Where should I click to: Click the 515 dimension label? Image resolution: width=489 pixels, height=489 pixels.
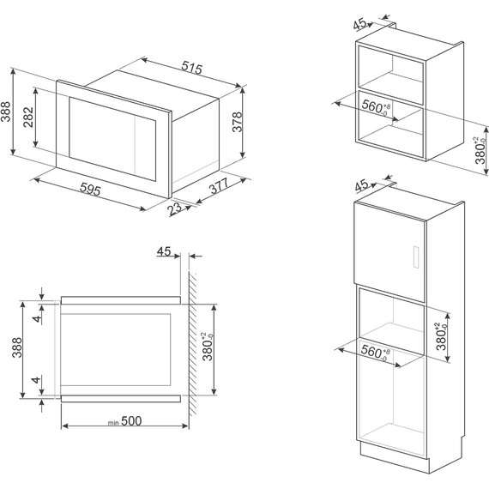click(x=192, y=68)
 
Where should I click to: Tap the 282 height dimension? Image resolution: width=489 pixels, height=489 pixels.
click(x=28, y=117)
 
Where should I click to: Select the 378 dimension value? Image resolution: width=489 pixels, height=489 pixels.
click(x=238, y=122)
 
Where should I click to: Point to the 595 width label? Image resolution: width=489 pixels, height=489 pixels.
click(x=90, y=189)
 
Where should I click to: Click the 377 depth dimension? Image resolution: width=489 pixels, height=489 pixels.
click(x=219, y=186)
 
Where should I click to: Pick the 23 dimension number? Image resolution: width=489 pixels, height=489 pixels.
click(x=175, y=208)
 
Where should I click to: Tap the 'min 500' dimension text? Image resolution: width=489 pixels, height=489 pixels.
click(x=124, y=421)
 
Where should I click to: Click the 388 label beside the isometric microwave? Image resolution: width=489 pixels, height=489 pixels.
click(x=6, y=112)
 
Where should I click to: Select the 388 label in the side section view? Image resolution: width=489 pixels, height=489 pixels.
click(x=16, y=347)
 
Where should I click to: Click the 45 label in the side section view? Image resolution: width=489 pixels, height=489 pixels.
click(x=164, y=251)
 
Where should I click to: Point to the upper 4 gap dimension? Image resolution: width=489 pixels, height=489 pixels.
click(x=37, y=319)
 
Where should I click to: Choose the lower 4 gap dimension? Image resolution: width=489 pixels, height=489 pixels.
click(x=36, y=380)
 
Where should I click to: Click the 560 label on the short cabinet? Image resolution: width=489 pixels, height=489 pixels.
click(x=376, y=107)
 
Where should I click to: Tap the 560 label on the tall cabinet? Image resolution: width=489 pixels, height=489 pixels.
click(x=375, y=353)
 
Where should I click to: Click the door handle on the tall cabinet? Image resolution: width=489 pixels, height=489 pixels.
click(x=416, y=257)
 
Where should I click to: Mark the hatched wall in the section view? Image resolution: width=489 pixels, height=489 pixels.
click(x=192, y=343)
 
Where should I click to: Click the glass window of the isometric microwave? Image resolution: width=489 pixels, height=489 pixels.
click(x=112, y=139)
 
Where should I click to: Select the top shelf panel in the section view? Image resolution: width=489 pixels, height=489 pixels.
click(x=121, y=300)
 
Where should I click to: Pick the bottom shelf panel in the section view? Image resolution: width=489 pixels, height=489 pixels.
click(x=121, y=399)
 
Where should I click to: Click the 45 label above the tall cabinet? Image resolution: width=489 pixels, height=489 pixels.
click(x=362, y=186)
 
